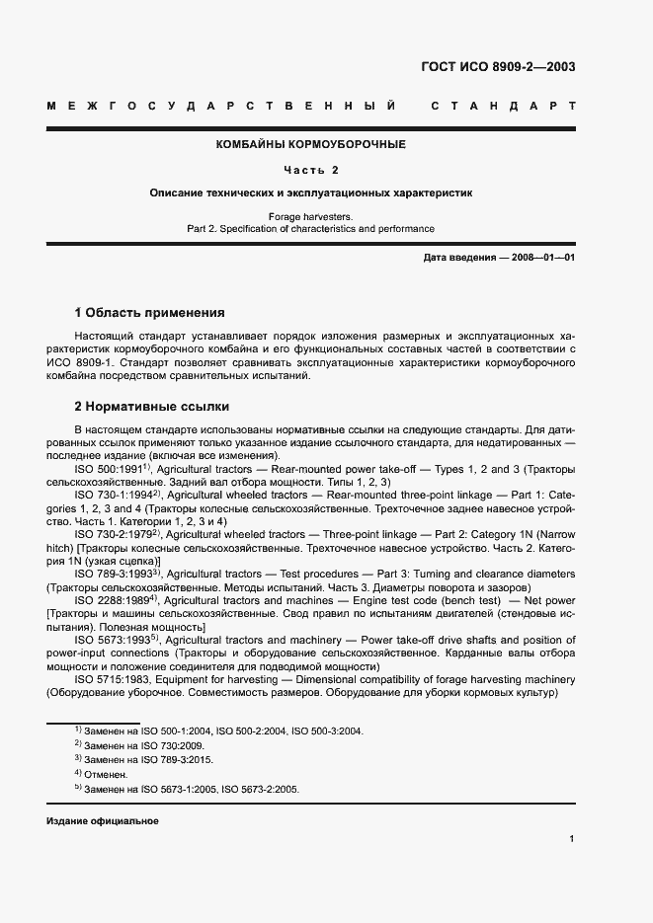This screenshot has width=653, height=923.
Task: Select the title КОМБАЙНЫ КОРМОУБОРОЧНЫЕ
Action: pyautogui.click(x=311, y=144)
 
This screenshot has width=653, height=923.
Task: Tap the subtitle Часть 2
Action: pyautogui.click(x=311, y=170)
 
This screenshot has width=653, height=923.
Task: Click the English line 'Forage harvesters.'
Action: pyautogui.click(x=311, y=215)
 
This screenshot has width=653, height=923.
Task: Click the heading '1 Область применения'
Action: pyautogui.click(x=149, y=313)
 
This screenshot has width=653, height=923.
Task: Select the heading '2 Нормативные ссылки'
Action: pyautogui.click(x=152, y=406)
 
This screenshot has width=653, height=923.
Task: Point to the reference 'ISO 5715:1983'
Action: pyautogui.click(x=112, y=679)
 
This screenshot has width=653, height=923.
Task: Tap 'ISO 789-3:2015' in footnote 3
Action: pyautogui.click(x=178, y=760)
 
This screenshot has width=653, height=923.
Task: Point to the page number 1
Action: pyautogui.click(x=572, y=839)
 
